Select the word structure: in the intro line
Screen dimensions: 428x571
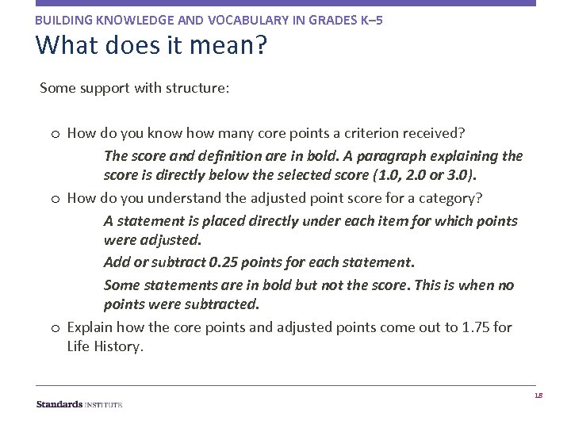click(x=197, y=88)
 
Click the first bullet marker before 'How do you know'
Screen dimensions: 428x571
click(x=54, y=133)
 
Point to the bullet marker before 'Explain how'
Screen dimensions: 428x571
click(x=54, y=327)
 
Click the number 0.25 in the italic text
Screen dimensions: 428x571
click(x=223, y=262)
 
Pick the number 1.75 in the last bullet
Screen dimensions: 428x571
click(x=476, y=327)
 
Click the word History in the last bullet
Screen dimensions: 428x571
click(x=120, y=346)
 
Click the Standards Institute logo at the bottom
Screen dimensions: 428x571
click(x=79, y=404)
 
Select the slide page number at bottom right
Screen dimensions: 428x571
click(x=538, y=396)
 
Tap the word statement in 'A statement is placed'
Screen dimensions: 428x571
click(x=148, y=220)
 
